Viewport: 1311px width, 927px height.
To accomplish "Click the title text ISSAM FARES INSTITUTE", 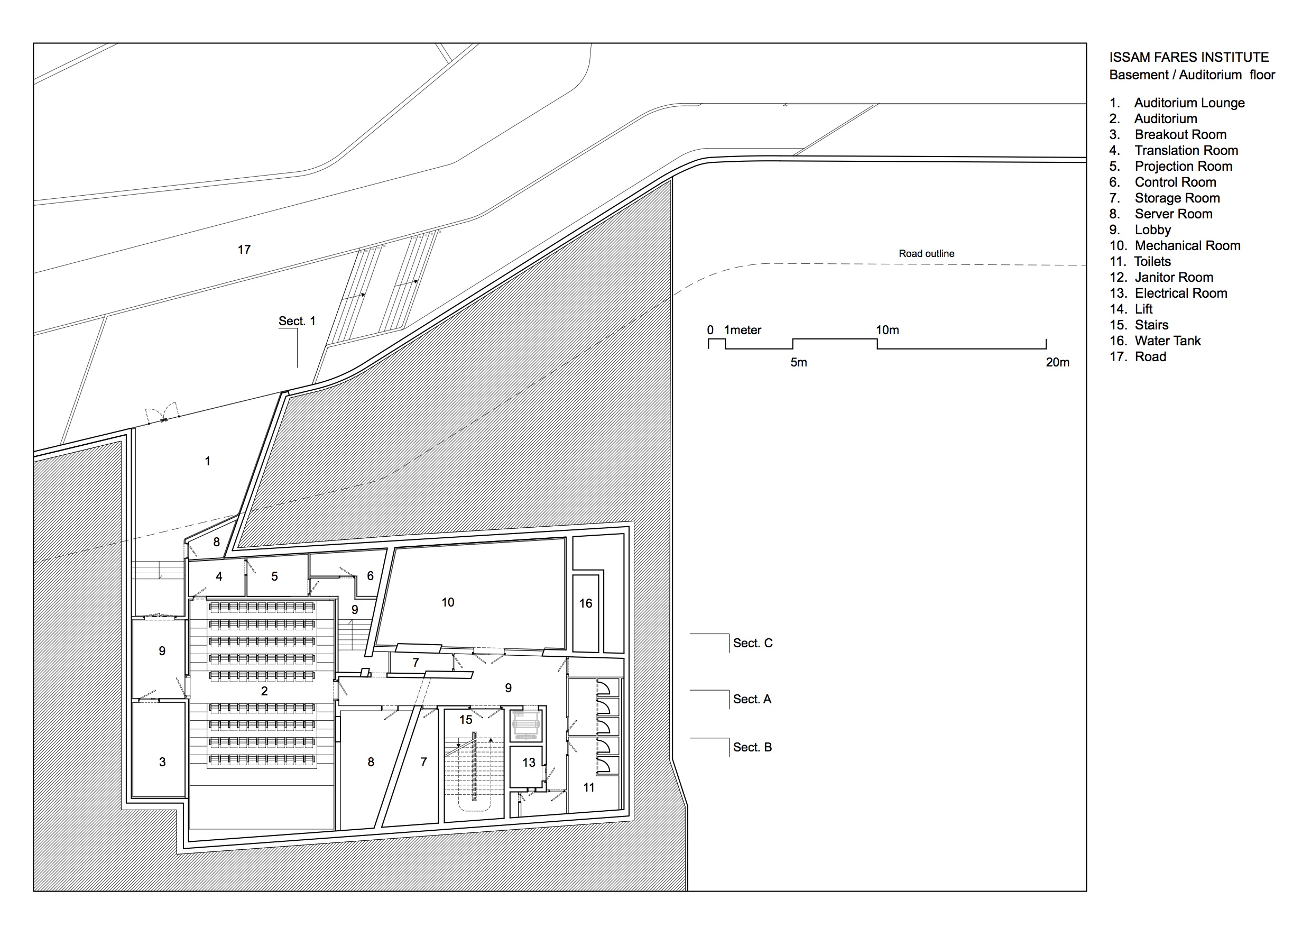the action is coord(1189,57).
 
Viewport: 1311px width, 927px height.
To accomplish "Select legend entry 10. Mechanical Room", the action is coord(1175,245).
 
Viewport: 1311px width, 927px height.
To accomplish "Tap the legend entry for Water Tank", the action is coord(1155,341).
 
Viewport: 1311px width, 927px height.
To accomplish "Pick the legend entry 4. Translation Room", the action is coord(1174,150).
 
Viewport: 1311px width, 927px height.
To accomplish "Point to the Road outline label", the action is coord(926,254).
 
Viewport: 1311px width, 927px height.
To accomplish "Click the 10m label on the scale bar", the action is coord(888,330).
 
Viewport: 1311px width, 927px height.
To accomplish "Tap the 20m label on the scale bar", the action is coord(1057,362).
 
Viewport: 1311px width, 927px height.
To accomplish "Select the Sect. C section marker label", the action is coord(753,643).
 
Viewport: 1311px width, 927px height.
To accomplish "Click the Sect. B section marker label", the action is coord(752,747).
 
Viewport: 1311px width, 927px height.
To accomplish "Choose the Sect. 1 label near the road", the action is coord(297,321).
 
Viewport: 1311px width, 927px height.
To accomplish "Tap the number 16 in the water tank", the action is coord(586,603).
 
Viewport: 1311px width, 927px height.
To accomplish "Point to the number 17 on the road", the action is coord(244,250).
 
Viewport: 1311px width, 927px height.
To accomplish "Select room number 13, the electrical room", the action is coord(529,763).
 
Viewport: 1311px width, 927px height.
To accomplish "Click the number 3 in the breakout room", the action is coord(162,762).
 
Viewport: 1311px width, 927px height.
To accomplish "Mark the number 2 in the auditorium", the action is coord(264,691).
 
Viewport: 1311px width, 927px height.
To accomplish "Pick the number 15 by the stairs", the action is coord(466,720).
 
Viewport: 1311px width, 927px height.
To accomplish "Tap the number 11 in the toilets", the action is coord(589,787).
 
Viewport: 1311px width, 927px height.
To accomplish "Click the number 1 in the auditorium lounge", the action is coord(207,461).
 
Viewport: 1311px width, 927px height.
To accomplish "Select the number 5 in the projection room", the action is coord(275,577).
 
